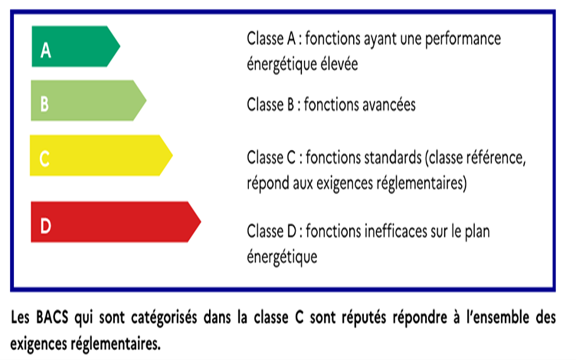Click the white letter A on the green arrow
[x=46, y=50]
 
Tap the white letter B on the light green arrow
[x=45, y=104]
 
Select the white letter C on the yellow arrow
[x=44, y=158]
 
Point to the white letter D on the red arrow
[x=46, y=226]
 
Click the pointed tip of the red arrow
[x=201, y=222]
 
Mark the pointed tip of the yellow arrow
[x=172, y=155]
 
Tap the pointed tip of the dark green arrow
[x=120, y=46]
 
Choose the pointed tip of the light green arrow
[x=146, y=100]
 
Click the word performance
[x=463, y=39]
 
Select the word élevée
[x=339, y=64]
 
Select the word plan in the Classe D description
[x=477, y=232]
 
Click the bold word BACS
[x=52, y=317]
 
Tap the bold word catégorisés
[x=164, y=318]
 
